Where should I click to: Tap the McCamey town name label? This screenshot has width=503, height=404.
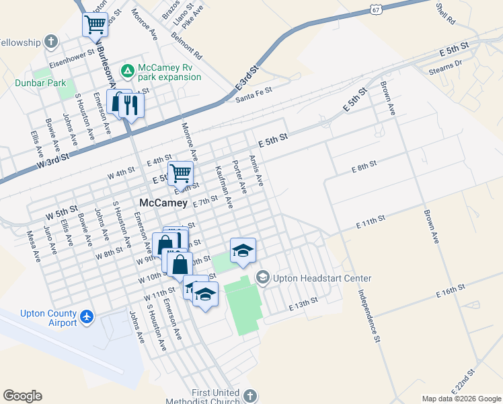click(x=162, y=202)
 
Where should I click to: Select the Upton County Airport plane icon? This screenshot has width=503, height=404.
click(x=86, y=316)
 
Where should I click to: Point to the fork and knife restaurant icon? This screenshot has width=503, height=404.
click(x=130, y=104)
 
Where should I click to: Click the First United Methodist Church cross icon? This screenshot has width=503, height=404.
click(x=250, y=396)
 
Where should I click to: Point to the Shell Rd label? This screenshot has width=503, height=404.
click(x=445, y=13)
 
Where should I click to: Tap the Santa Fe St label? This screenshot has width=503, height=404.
click(x=254, y=94)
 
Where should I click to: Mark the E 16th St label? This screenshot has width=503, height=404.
click(x=451, y=291)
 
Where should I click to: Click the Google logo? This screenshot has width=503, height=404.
click(x=23, y=396)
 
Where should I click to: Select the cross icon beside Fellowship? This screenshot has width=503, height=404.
click(x=50, y=42)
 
